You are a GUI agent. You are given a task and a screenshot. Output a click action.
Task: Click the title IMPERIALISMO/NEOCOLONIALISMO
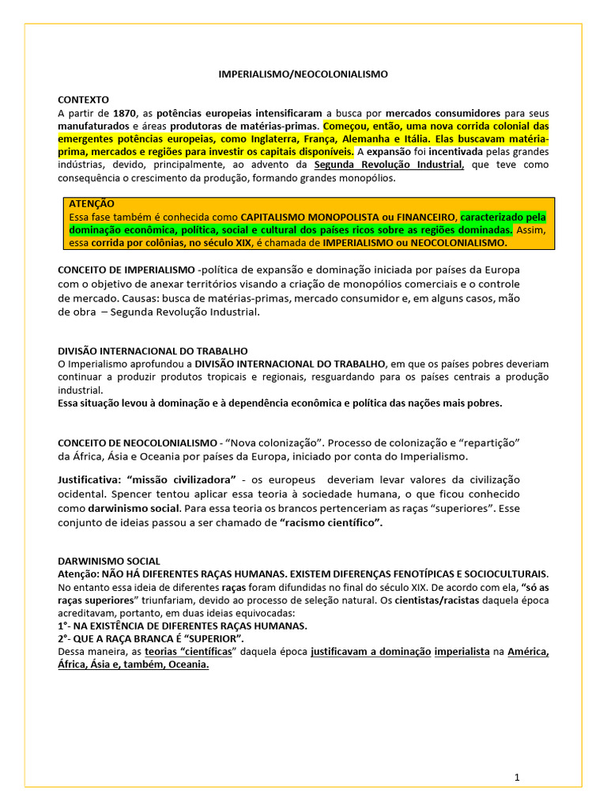303,74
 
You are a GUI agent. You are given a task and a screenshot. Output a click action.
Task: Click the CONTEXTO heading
83,100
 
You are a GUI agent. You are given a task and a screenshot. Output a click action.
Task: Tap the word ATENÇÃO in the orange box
92,204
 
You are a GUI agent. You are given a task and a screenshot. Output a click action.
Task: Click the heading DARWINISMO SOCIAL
109,561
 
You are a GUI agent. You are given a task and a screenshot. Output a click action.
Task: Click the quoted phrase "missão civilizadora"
181,480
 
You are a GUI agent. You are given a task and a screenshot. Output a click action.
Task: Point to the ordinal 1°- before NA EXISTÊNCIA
68,626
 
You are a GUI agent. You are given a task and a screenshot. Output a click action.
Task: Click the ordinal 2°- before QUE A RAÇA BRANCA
68,638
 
